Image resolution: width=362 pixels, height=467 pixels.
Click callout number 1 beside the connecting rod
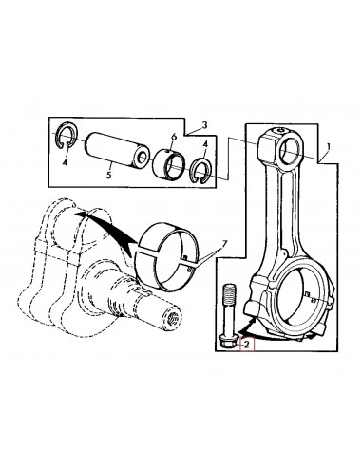pos(329,147)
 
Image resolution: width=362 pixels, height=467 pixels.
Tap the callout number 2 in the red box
pos(248,345)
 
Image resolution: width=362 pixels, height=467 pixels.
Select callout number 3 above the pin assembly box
pos(205,125)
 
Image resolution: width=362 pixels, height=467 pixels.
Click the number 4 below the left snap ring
pos(65,162)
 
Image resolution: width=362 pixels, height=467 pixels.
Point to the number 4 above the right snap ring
pos(205,144)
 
